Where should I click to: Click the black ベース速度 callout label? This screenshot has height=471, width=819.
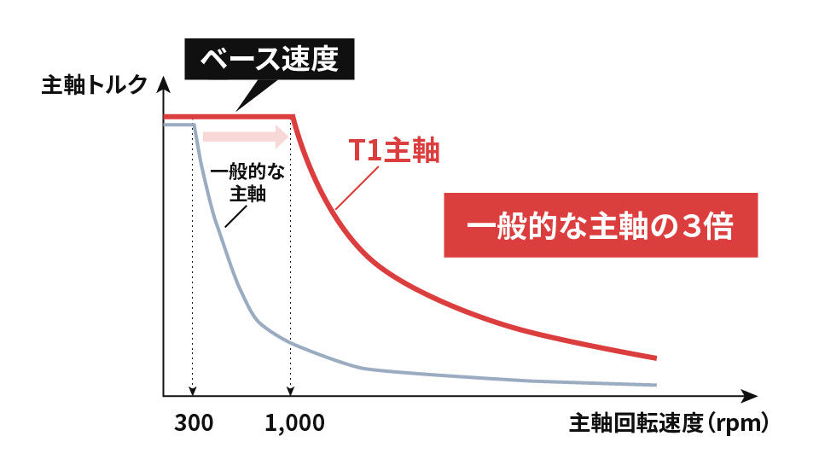tap(269, 60)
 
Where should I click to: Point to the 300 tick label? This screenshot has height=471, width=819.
tap(194, 423)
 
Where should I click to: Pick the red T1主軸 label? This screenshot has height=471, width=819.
tap(393, 151)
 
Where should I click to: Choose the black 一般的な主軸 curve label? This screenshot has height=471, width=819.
tap(247, 182)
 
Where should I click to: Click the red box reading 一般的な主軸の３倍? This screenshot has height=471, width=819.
tap(601, 229)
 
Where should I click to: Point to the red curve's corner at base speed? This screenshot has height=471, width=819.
tap(293, 117)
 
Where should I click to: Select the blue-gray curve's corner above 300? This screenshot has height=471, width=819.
tap(195, 125)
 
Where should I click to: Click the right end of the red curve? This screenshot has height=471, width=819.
tap(655, 358)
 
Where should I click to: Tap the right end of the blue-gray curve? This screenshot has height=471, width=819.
tap(655, 385)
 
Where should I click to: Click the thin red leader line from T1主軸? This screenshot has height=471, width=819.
tap(357, 187)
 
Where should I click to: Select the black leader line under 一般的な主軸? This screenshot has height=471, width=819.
tap(233, 217)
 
